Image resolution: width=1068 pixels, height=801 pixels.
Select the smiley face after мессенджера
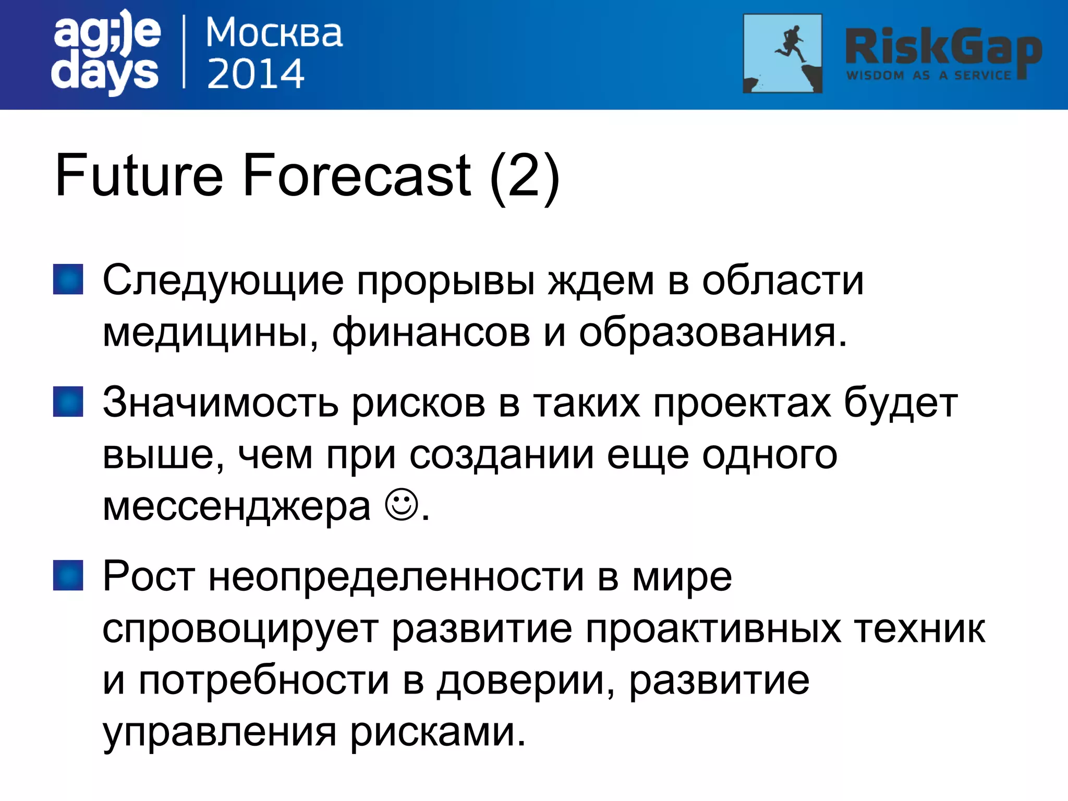pos(402,505)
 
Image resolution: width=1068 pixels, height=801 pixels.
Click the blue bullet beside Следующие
pos(68,280)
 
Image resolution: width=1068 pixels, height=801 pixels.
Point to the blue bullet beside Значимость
pos(68,402)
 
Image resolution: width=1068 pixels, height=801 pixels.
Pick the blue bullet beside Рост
pos(68,575)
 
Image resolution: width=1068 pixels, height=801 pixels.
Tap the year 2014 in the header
pos(256,74)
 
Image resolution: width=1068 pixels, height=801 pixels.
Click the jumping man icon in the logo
pos(782,53)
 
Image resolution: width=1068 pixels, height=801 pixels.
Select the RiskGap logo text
pos(943,48)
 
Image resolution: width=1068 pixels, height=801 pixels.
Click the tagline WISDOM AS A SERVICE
pos(929,76)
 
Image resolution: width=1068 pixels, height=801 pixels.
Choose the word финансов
pos(431,333)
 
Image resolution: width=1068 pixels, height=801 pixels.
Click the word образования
pos(712,333)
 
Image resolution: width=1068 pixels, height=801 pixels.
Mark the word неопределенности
pos(396,577)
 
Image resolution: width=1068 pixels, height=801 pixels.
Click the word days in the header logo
pos(105,73)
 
